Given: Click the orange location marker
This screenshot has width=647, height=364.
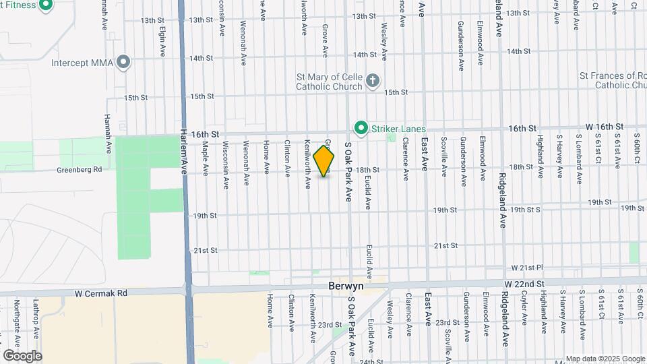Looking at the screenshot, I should [324, 161].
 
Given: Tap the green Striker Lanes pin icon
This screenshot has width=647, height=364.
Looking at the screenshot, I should [361, 127].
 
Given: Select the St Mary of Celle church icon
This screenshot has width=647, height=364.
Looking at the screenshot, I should [373, 82].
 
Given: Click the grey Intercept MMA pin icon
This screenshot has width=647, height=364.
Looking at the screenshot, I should [123, 63].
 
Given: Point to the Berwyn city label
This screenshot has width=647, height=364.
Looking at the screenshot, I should [345, 286].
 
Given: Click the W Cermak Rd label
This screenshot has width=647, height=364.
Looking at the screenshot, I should [101, 293].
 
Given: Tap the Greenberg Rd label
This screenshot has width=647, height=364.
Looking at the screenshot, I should [79, 170].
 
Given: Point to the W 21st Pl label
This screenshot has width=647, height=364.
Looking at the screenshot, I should [528, 268].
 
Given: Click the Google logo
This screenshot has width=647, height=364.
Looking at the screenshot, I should [22, 355].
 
